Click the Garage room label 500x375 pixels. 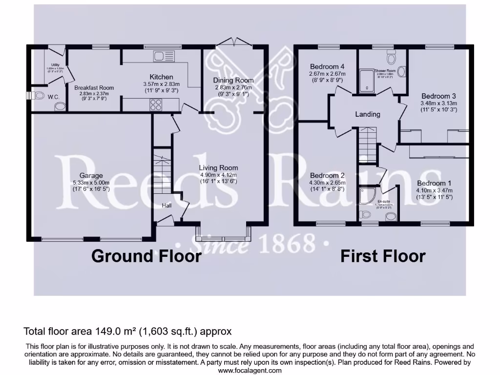pos(91,175)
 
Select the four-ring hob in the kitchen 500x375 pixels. pos(156,104)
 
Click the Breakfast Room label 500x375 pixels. pos(94,88)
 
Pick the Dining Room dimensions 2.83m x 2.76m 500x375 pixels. pos(233,87)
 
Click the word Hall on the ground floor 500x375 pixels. pos(167,206)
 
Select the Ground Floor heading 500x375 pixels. pos(146,256)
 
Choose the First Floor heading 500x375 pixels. pos(383,256)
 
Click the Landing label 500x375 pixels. pos(367,114)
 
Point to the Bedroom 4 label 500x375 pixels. pos(327,66)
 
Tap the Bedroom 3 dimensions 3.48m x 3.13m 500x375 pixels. pos(438,103)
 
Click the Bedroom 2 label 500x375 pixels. pos(327,175)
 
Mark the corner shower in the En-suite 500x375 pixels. pos(365,196)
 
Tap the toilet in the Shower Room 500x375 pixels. pos(391,57)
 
